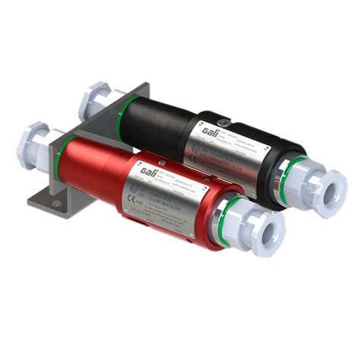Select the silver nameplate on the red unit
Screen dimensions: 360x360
pos(175,190)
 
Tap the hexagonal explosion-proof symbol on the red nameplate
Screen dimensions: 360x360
pos(135,185)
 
